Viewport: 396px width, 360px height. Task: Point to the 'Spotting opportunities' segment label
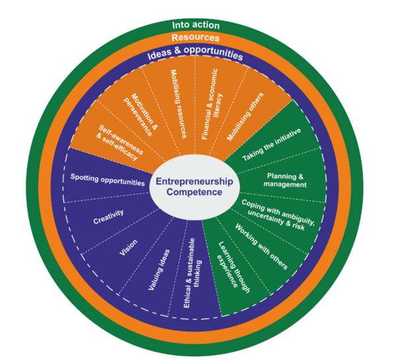107,180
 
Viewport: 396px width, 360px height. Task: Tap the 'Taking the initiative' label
271,145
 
